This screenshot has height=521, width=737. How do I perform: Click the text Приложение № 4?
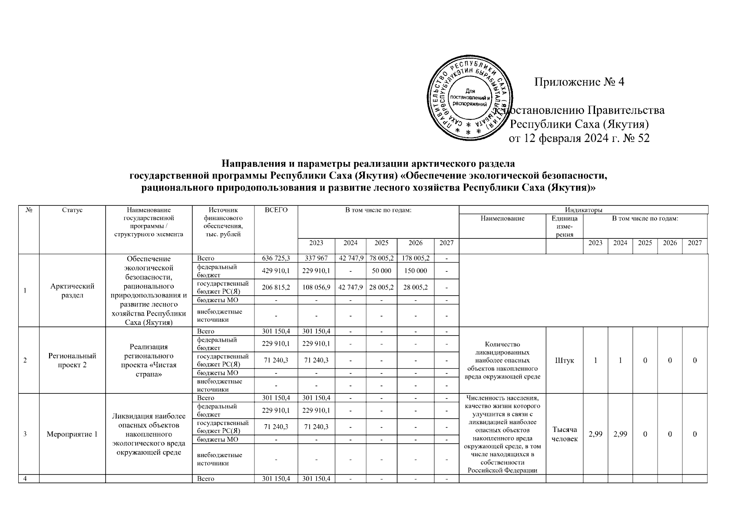pyautogui.click(x=579, y=82)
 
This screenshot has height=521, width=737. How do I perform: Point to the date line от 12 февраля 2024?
pyautogui.click(x=579, y=139)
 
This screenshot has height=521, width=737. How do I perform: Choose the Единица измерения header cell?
pyautogui.click(x=564, y=226)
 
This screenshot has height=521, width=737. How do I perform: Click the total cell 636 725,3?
pyautogui.click(x=276, y=259)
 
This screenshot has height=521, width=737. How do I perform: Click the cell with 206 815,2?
pyautogui.click(x=276, y=287)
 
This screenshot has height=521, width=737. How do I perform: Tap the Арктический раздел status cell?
pyautogui.click(x=72, y=290)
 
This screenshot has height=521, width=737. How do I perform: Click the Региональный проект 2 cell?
pyautogui.click(x=72, y=360)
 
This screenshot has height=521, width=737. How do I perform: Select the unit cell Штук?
pyautogui.click(x=564, y=361)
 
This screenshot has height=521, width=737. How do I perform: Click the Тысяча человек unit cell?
pyautogui.click(x=564, y=434)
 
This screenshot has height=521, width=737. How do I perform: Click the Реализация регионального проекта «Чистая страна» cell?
pyautogui.click(x=149, y=360)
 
